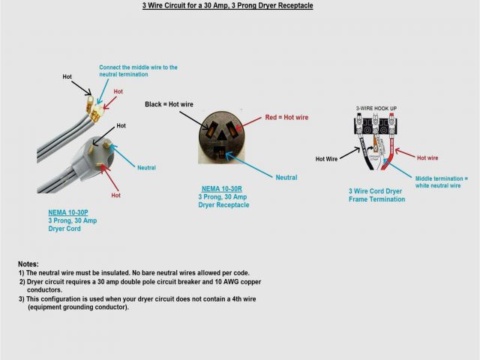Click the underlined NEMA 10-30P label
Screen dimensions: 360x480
[x=67, y=212]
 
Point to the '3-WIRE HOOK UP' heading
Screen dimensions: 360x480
[x=376, y=109]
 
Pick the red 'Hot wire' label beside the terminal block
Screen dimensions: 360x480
[x=427, y=158]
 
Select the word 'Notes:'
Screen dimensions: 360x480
[x=28, y=265]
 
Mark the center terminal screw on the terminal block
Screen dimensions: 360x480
[x=376, y=130]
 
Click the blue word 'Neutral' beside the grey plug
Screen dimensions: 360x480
[x=146, y=168]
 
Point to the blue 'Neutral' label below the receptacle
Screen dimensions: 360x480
[x=286, y=178]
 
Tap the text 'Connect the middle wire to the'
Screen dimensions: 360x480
[x=139, y=67]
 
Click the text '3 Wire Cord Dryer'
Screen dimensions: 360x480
[x=376, y=191]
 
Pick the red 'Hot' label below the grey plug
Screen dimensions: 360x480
[x=115, y=195]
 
